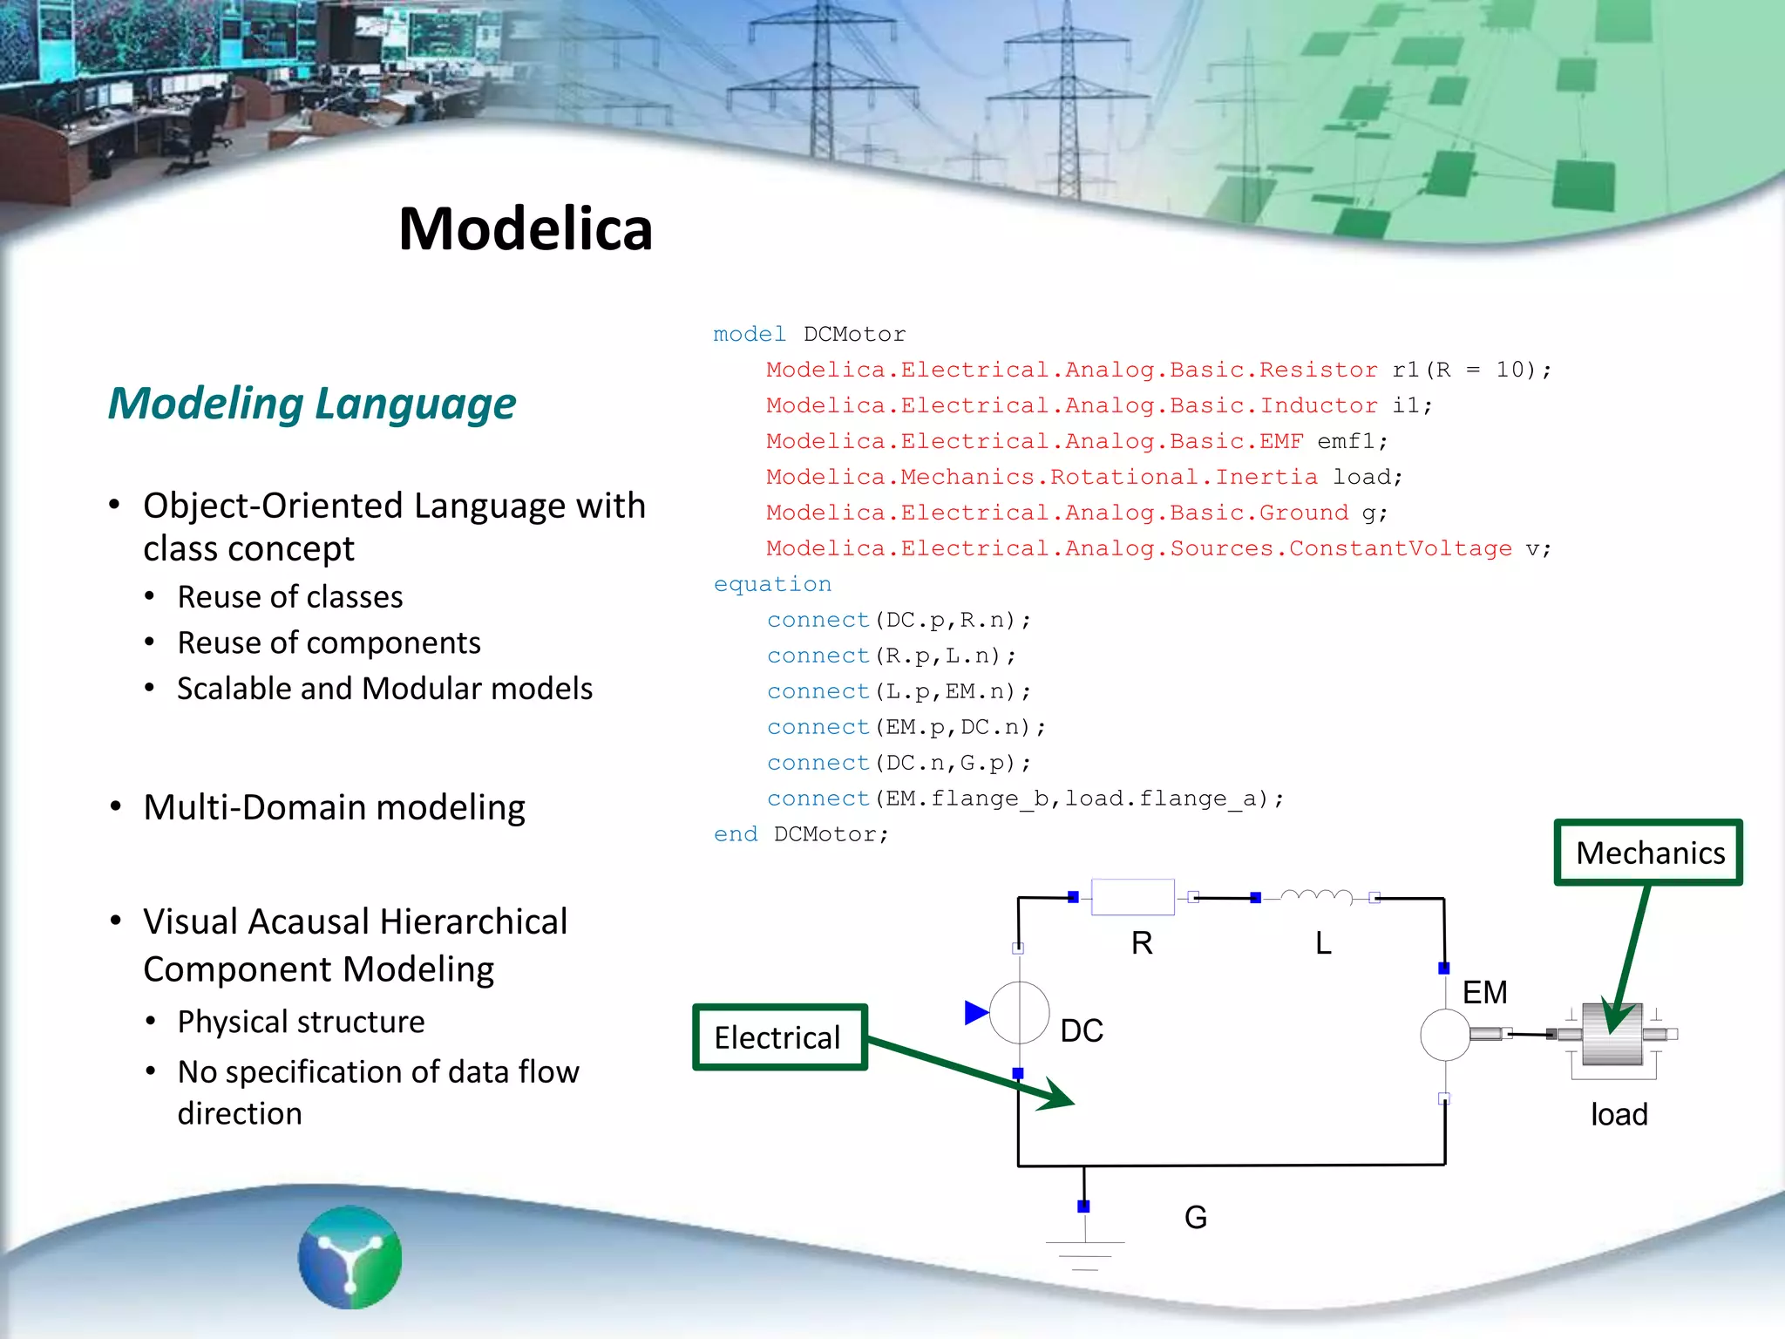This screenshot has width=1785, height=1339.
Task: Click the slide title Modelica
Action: [x=525, y=229]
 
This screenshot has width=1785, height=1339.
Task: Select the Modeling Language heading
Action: [x=312, y=404]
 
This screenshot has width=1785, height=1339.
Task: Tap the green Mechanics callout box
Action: [x=1648, y=853]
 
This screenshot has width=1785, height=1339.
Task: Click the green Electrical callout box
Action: [x=779, y=1037]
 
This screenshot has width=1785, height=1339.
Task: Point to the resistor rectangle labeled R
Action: [x=1132, y=897]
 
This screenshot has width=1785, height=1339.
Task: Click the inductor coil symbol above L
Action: [x=1316, y=897]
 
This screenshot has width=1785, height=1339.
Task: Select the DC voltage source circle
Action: [x=1019, y=1013]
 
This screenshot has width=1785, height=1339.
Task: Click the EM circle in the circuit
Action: [x=1445, y=1035]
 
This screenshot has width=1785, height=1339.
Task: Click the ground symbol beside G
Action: [x=1085, y=1254]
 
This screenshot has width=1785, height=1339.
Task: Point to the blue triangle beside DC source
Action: [x=976, y=1013]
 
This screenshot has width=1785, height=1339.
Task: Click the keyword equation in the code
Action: [x=772, y=584]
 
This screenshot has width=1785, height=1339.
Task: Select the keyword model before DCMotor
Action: [x=749, y=334]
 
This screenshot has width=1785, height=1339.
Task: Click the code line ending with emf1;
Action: [x=1076, y=441]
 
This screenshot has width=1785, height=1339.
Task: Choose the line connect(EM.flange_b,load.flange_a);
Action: [x=1025, y=799]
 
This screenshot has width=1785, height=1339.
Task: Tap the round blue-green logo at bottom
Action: [x=350, y=1257]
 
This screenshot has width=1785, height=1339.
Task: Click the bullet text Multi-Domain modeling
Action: [x=334, y=807]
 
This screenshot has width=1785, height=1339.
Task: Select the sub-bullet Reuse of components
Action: [x=329, y=642]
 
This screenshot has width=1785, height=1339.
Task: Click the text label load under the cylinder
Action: [x=1619, y=1114]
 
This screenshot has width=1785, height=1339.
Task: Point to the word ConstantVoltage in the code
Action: [x=1400, y=548]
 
